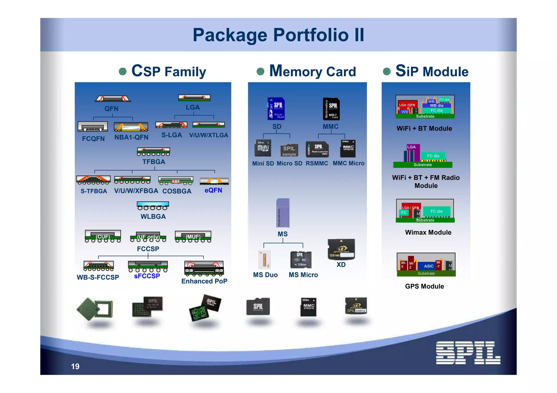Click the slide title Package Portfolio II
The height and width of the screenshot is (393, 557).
(278, 35)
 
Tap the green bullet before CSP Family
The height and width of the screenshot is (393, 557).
(123, 71)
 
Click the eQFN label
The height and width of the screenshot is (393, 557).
(213, 190)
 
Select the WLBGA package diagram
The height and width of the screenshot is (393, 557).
(153, 206)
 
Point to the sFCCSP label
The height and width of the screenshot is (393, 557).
(147, 276)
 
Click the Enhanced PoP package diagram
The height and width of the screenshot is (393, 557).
(204, 268)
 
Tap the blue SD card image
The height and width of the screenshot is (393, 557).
(276, 109)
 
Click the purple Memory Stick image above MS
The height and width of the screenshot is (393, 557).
(283, 213)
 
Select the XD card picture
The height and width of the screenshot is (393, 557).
(341, 249)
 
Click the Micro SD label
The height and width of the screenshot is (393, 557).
(289, 164)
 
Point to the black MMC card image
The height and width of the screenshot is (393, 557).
(331, 109)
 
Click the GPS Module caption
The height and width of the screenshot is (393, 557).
(424, 286)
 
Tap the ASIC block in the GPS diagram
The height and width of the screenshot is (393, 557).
(429, 266)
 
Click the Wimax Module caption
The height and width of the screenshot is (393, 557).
(428, 232)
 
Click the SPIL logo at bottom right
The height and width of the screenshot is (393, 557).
(468, 353)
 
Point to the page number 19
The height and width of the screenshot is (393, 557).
(75, 366)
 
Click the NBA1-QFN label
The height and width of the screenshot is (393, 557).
(131, 137)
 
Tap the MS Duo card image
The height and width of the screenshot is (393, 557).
(264, 260)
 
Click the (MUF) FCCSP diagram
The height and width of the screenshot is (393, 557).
(193, 236)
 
